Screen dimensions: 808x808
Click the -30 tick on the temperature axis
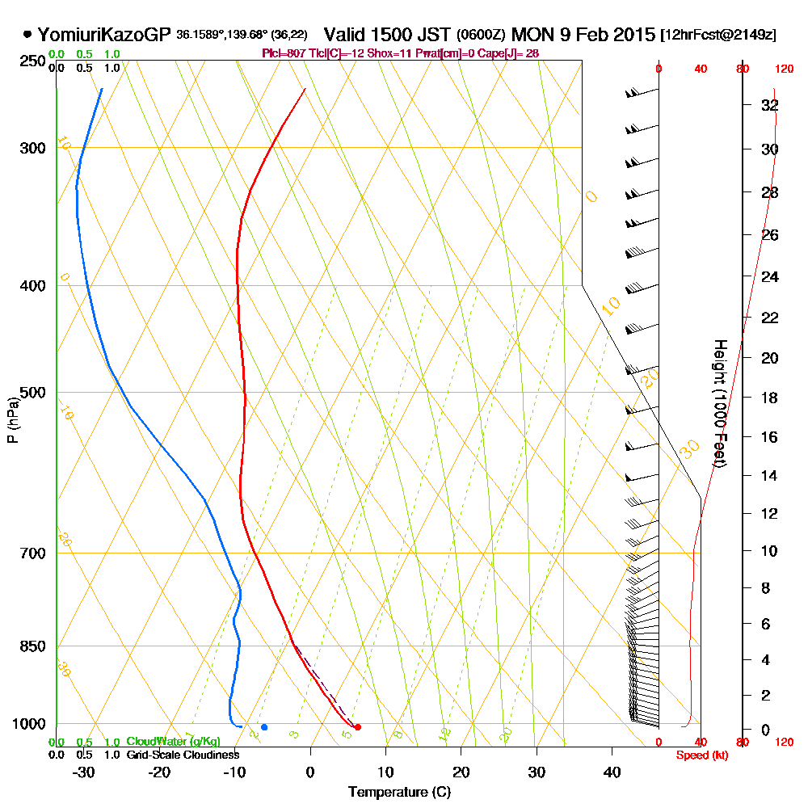(83, 772)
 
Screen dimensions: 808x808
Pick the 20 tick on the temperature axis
(461, 772)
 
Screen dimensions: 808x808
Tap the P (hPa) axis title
(12, 420)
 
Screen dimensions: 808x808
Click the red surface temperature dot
(358, 727)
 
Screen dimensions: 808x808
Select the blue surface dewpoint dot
(264, 727)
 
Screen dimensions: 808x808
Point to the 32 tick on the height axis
(769, 105)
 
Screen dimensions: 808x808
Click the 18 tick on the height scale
(769, 398)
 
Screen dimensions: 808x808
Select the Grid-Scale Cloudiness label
(183, 755)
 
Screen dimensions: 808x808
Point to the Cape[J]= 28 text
(514, 53)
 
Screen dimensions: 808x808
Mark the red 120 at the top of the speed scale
(783, 69)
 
